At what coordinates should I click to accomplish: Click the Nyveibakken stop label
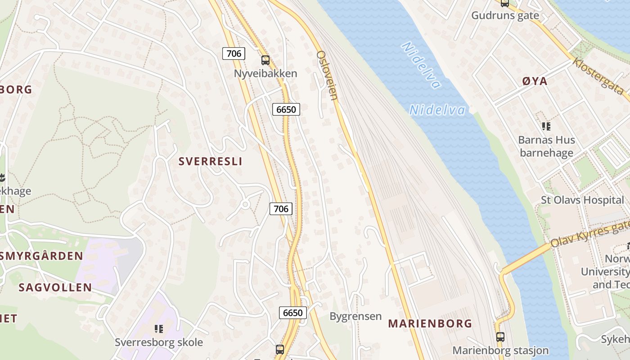[265, 73]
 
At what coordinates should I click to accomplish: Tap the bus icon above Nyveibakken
[265, 60]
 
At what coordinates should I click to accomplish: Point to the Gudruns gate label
[505, 15]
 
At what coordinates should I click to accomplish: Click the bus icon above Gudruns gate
[505, 3]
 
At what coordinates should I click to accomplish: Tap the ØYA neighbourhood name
[535, 81]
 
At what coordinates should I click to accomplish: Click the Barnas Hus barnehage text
[546, 146]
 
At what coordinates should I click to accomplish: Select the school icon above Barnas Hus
[546, 126]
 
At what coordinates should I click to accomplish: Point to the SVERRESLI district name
[210, 162]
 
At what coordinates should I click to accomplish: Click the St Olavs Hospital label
[582, 200]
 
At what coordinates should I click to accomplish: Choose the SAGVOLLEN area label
[55, 287]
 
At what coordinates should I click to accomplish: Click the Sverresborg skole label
[159, 342]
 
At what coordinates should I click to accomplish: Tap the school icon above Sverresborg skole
[158, 329]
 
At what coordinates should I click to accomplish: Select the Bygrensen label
[355, 316]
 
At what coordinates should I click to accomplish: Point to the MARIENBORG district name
[430, 323]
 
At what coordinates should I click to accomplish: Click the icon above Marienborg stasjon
[500, 337]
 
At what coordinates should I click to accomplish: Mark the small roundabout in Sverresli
[245, 204]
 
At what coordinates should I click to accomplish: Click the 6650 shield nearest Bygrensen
[292, 312]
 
